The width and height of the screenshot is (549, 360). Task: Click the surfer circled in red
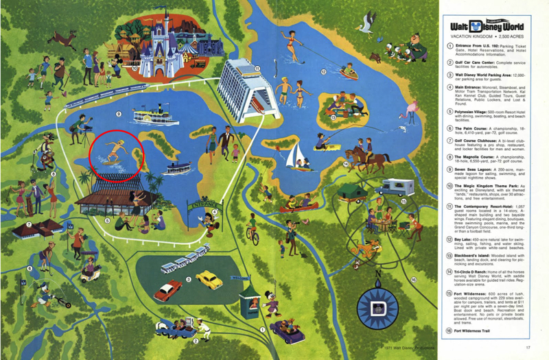tap(115, 153)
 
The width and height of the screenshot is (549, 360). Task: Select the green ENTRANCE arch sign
tap(205, 204)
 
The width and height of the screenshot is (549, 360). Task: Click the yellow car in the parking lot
tap(208, 278)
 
